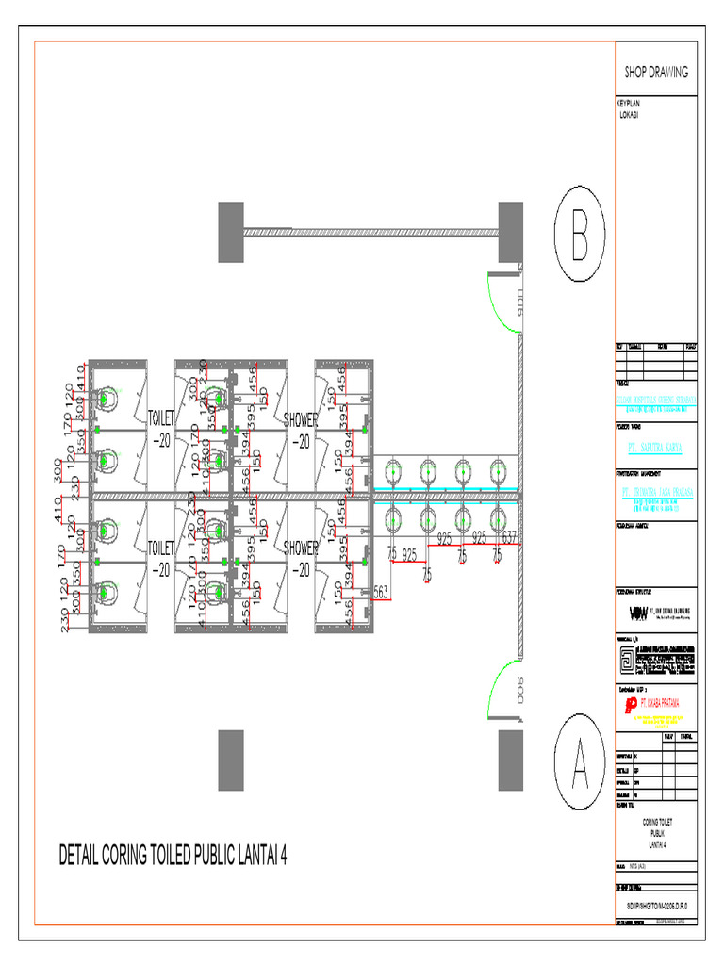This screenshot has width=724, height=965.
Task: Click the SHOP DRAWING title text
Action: [656, 72]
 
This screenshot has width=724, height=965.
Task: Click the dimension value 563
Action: [382, 591]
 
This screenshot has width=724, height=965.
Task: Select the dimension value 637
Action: [509, 538]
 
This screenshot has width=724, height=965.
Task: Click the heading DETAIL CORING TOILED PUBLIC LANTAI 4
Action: [173, 856]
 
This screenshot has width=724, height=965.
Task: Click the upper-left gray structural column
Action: [231, 233]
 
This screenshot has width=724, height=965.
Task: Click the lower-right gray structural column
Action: [510, 760]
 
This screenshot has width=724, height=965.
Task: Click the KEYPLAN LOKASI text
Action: [628, 108]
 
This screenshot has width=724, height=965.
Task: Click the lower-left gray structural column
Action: [231, 760]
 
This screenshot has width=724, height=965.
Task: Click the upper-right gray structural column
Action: [510, 233]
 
